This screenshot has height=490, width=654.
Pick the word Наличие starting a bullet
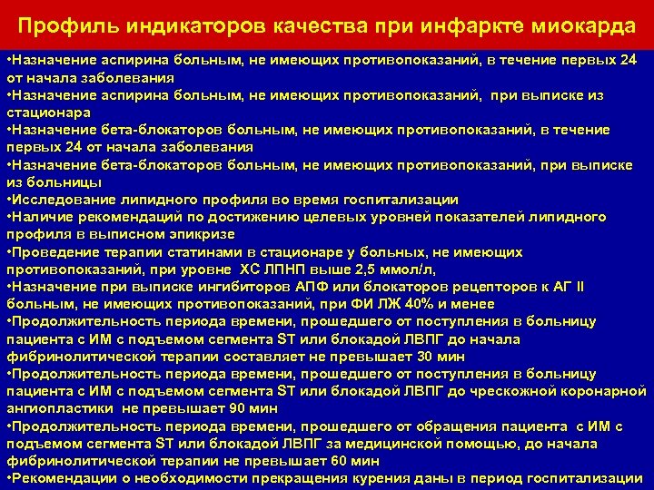41,217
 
